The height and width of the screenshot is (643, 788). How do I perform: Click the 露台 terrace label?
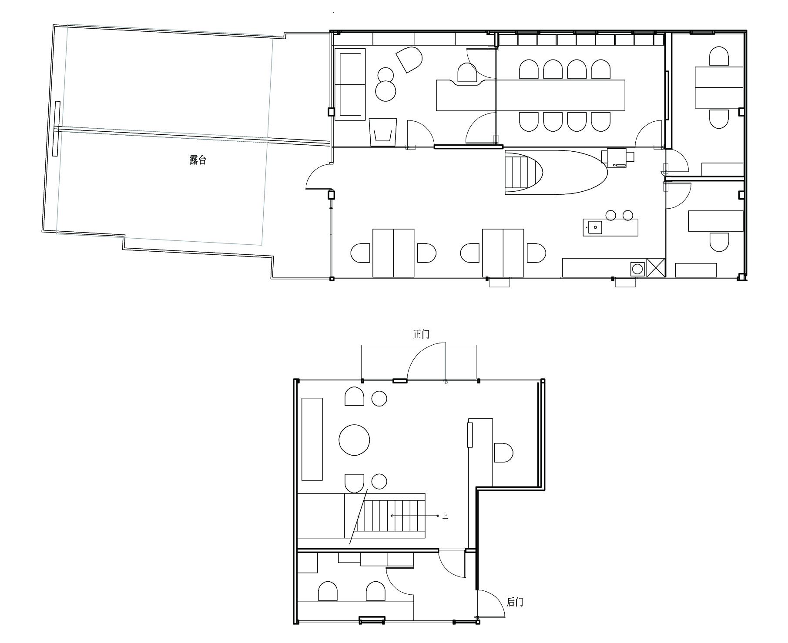click(198, 160)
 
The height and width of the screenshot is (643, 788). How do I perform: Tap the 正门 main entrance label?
click(421, 334)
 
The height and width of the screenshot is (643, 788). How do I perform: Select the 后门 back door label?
click(515, 602)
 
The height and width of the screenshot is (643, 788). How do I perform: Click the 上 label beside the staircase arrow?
click(445, 516)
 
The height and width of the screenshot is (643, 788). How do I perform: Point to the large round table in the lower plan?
click(354, 440)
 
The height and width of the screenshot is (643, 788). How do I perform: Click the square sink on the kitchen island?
click(595, 227)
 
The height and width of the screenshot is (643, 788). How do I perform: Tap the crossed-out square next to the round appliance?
click(656, 268)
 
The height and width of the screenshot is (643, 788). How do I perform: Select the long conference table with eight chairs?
click(531, 95)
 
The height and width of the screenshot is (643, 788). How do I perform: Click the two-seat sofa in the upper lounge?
click(350, 84)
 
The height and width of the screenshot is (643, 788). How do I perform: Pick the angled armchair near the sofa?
click(409, 59)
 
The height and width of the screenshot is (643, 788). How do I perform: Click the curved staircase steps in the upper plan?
click(522, 172)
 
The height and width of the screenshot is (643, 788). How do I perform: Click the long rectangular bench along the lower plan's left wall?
click(312, 439)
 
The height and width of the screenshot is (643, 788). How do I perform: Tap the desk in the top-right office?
click(719, 87)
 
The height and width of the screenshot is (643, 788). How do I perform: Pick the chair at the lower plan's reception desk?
click(503, 453)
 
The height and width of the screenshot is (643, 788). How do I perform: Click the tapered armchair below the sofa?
click(383, 132)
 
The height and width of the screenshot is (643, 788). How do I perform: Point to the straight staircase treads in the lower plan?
click(389, 516)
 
